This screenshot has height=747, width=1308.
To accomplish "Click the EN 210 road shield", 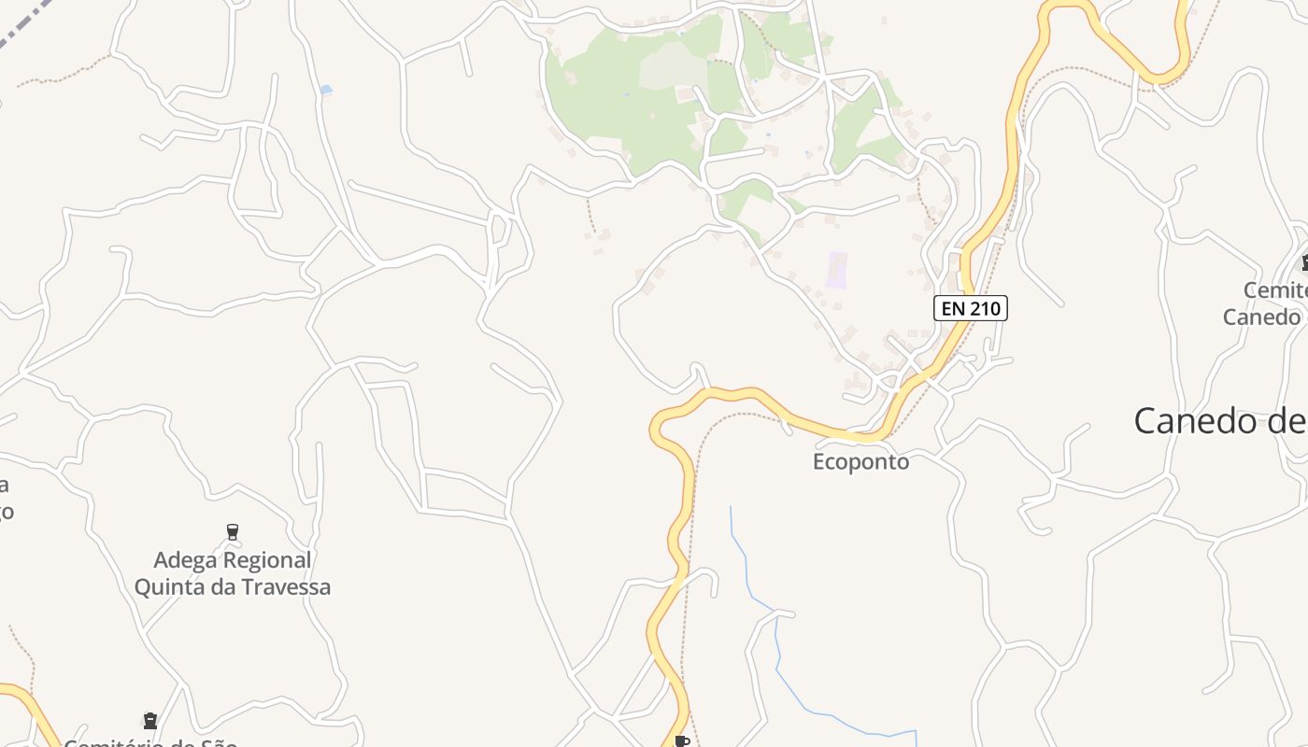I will (971, 308).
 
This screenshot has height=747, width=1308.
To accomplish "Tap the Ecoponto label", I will (860, 462).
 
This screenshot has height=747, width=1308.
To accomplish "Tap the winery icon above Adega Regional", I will (233, 532).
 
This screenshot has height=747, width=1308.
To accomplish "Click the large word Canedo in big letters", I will (1196, 420).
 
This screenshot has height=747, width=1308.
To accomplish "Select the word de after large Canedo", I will (1286, 421).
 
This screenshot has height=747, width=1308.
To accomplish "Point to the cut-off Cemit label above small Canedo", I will (1274, 291).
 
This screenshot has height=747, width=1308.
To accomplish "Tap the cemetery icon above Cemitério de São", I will (150, 721).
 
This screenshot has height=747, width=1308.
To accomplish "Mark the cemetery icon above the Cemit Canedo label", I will (1304, 263).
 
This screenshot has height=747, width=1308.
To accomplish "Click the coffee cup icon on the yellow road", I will (682, 741).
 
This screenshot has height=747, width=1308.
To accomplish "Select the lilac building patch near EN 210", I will (837, 270).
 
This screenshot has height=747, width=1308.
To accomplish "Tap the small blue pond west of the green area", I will (325, 90).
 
